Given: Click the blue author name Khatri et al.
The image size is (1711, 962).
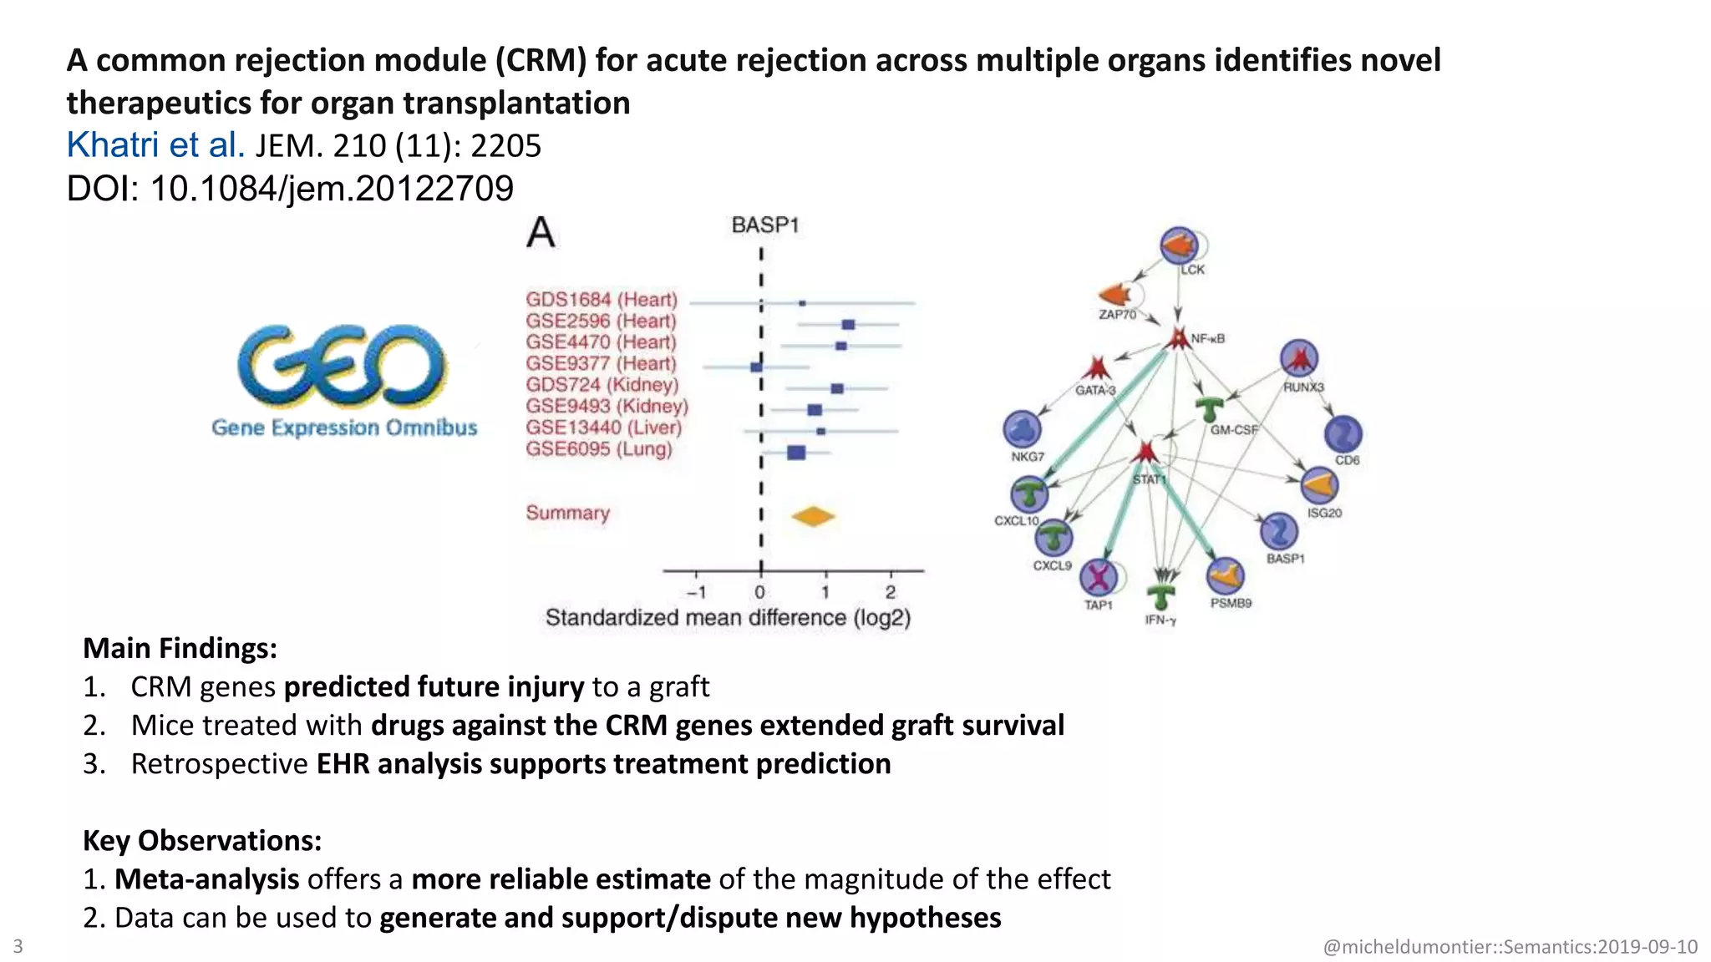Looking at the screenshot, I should pyautogui.click(x=155, y=145).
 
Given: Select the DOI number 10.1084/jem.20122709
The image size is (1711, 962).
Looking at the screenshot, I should pyautogui.click(x=331, y=189).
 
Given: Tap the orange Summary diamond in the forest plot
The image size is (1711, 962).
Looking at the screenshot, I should pyautogui.click(x=813, y=516).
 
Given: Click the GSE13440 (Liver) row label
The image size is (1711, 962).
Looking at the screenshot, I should pyautogui.click(x=603, y=428).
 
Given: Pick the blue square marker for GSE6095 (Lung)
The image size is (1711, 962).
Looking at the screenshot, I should pyautogui.click(x=796, y=453).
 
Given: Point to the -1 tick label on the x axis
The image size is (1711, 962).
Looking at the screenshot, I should pyautogui.click(x=697, y=592).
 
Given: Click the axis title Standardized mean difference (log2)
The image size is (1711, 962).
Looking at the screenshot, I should pyautogui.click(x=728, y=618).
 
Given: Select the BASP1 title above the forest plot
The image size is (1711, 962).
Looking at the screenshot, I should pyautogui.click(x=764, y=225).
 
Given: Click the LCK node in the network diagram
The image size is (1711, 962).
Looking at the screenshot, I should pyautogui.click(x=1179, y=246).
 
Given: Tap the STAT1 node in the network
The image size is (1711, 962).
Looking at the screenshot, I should pyautogui.click(x=1145, y=453).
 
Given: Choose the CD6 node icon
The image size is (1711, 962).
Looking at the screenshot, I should pyautogui.click(x=1343, y=434).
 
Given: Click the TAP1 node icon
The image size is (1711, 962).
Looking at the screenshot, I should pyautogui.click(x=1099, y=577).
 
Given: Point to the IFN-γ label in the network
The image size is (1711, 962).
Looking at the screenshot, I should pyautogui.click(x=1160, y=620).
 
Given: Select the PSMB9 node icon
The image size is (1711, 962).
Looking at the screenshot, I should pyautogui.click(x=1225, y=575).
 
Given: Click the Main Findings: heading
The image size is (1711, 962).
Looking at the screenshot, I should pyautogui.click(x=180, y=648).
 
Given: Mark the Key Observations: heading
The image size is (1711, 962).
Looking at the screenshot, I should pyautogui.click(x=202, y=840).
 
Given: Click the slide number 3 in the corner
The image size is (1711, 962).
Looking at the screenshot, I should pyautogui.click(x=18, y=946).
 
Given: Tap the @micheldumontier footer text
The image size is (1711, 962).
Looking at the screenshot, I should pyautogui.click(x=1510, y=947).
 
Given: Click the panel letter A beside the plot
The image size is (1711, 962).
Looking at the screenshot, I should pyautogui.click(x=541, y=232).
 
